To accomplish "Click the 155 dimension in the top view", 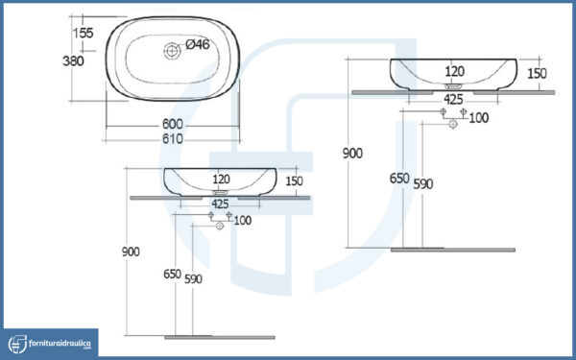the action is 83,33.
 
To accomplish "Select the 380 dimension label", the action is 73,60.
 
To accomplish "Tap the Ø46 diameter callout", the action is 197,44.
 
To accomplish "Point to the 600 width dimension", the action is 172,124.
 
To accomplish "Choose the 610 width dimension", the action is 172,139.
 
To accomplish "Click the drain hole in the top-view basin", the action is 172,51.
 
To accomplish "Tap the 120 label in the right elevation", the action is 454,71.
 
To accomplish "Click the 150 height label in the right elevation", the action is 537,74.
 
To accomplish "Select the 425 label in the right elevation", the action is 453,99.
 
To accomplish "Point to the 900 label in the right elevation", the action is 352,154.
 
